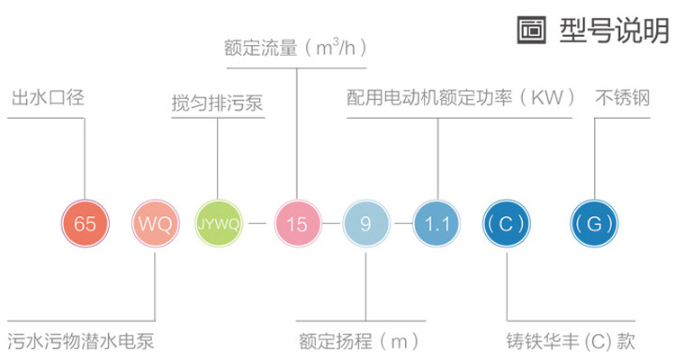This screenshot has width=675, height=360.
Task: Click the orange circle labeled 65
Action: coord(85,223)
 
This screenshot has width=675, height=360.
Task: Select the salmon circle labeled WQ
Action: coord(154,223)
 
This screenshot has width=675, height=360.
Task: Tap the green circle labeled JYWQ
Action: coord(219,223)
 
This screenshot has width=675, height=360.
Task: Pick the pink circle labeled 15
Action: coord(296,223)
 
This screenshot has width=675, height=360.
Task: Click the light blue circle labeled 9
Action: coord(365,223)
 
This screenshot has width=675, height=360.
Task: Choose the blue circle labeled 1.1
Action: coord(436,223)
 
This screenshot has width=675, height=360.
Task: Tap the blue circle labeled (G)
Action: coord(597,223)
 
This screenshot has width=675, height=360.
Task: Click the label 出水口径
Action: coord(47,97)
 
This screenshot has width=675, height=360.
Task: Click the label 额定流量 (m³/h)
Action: coord(295,48)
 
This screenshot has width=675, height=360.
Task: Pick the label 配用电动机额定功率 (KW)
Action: coord(461,97)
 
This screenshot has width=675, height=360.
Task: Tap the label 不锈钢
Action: coord(622,97)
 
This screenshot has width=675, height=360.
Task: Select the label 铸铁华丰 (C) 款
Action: coord(571,342)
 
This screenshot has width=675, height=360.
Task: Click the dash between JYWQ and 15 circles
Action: coord(257,223)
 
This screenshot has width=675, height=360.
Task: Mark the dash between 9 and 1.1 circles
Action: coord(401,223)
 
